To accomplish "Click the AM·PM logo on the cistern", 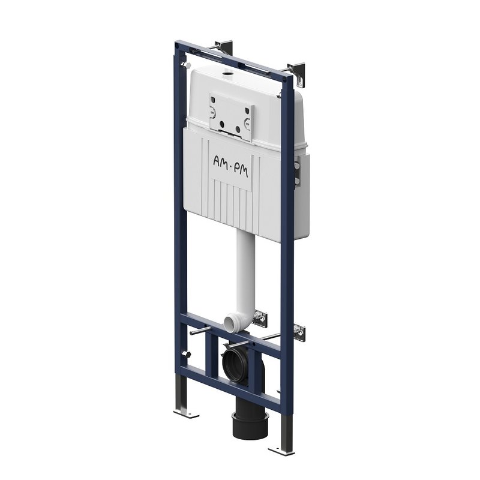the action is [x=230, y=166].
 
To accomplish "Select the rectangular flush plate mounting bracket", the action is [x=232, y=117].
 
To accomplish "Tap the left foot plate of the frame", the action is [x=186, y=414].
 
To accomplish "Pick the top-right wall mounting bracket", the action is [x=296, y=73].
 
